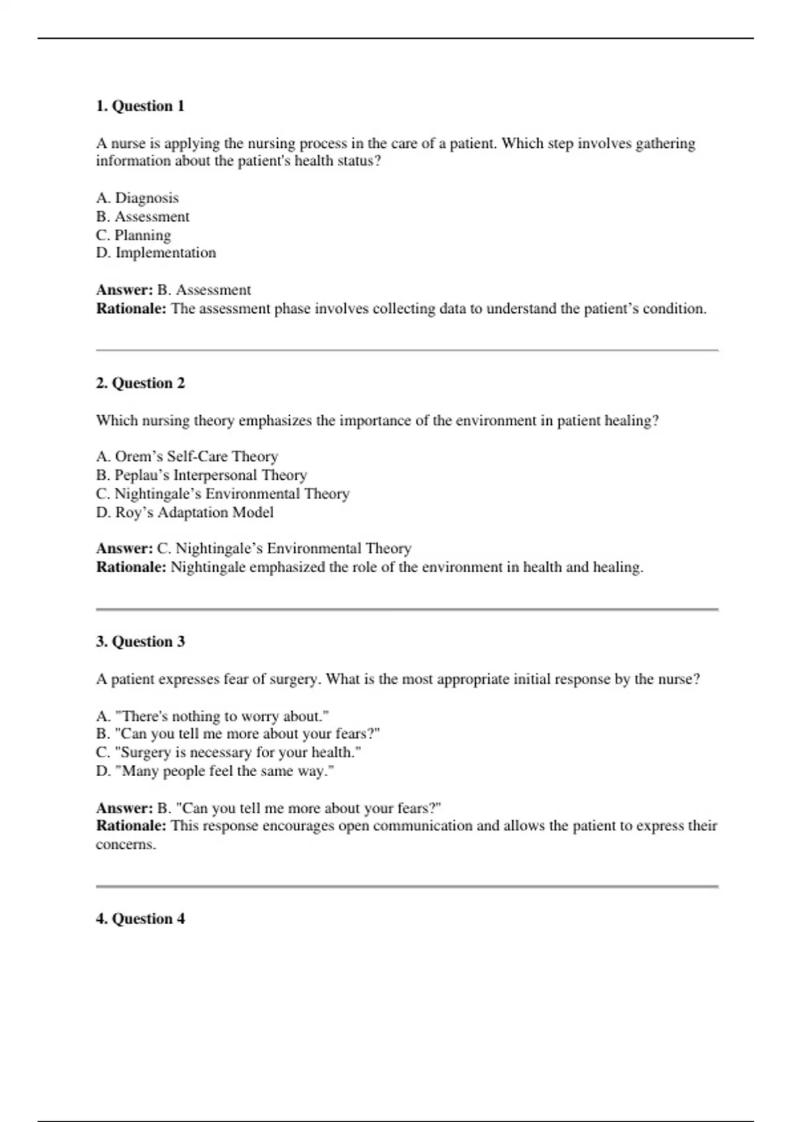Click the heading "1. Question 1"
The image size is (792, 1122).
[140, 106]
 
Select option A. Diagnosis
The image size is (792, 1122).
[137, 198]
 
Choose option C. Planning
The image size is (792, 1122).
[133, 235]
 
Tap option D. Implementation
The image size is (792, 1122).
[156, 253]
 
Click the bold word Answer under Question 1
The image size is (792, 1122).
[124, 290]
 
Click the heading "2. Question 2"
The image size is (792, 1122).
[140, 383]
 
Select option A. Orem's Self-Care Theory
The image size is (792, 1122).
[187, 457]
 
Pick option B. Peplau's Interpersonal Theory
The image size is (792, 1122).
[201, 475]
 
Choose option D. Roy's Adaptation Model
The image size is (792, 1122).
[185, 513]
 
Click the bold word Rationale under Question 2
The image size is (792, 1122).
[131, 568]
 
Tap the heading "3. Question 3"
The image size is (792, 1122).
[140, 642]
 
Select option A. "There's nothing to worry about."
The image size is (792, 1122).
[212, 716]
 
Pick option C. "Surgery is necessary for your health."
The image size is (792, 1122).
[228, 752]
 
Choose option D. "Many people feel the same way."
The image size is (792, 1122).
[215, 771]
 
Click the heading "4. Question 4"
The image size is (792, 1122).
[140, 919]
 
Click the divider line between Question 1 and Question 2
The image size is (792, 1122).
[407, 350]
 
